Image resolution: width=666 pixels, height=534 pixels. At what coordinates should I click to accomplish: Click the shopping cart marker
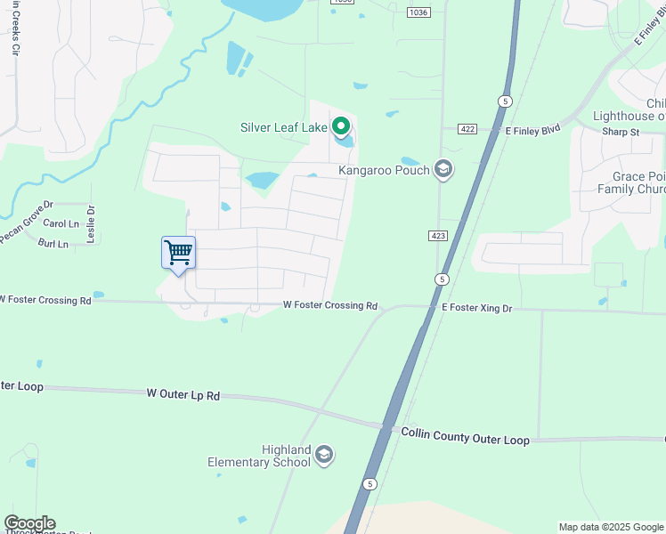(x=178, y=253)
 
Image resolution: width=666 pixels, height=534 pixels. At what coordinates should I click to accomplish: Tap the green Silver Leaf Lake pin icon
(x=340, y=127)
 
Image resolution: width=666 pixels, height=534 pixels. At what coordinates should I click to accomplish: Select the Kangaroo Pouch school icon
(x=443, y=170)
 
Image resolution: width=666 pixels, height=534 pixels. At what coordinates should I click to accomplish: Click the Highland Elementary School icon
(x=324, y=456)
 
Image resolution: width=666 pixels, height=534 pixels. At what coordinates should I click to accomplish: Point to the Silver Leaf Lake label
(x=284, y=127)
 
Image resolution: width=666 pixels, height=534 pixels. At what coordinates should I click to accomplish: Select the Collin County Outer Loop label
(x=465, y=435)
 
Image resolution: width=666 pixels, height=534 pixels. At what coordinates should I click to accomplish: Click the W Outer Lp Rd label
(x=183, y=393)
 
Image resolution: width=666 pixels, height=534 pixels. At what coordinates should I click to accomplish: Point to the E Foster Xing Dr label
(x=477, y=307)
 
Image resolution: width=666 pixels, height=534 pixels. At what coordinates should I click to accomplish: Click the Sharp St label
(x=621, y=132)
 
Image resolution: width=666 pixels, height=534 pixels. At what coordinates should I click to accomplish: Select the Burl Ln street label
(x=53, y=243)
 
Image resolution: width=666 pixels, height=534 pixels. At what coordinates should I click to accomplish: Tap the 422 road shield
(x=467, y=129)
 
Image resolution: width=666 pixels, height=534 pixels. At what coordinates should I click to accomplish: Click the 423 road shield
(x=436, y=235)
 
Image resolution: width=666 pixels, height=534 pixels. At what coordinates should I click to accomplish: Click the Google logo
(x=29, y=523)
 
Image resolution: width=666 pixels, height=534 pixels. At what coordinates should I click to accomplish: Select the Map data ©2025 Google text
(x=610, y=527)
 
